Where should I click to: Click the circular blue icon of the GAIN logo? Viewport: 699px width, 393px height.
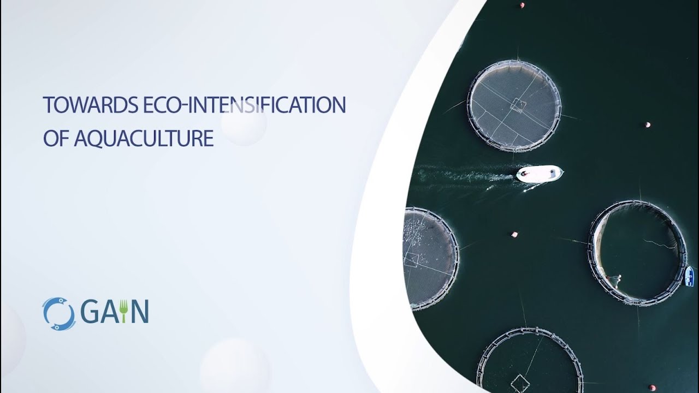(58, 314)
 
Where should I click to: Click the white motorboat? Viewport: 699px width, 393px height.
(539, 174)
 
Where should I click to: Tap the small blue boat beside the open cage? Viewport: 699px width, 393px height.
(690, 276)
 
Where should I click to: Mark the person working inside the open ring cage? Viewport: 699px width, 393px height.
(618, 279)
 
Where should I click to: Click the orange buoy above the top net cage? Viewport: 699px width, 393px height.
(522, 5)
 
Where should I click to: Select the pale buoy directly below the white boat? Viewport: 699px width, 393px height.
(514, 235)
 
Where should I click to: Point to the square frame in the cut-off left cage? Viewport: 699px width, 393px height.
(411, 259)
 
